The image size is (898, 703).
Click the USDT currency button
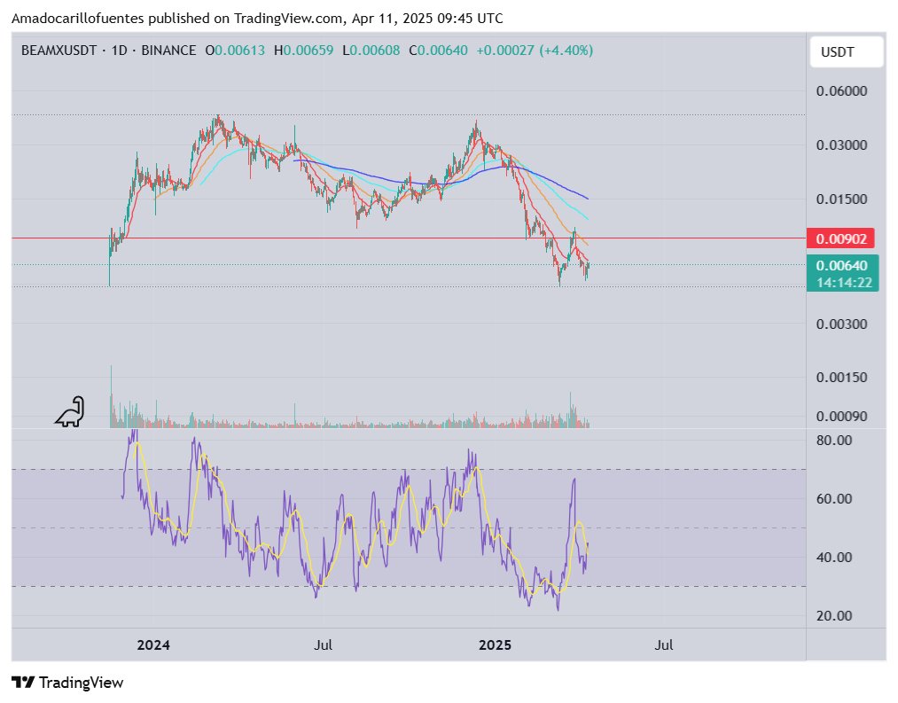point(838,52)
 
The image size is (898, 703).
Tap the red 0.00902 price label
point(840,238)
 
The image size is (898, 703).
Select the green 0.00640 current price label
point(840,264)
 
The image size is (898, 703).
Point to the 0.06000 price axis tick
point(840,90)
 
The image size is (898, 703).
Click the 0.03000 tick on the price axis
point(840,145)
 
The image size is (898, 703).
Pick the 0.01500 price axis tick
point(840,199)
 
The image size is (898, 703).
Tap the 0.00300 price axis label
point(840,324)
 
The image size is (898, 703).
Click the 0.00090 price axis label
point(840,416)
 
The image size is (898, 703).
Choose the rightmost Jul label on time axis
point(663,645)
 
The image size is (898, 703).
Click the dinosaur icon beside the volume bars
point(69,411)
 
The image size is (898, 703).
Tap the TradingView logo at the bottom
point(67,683)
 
